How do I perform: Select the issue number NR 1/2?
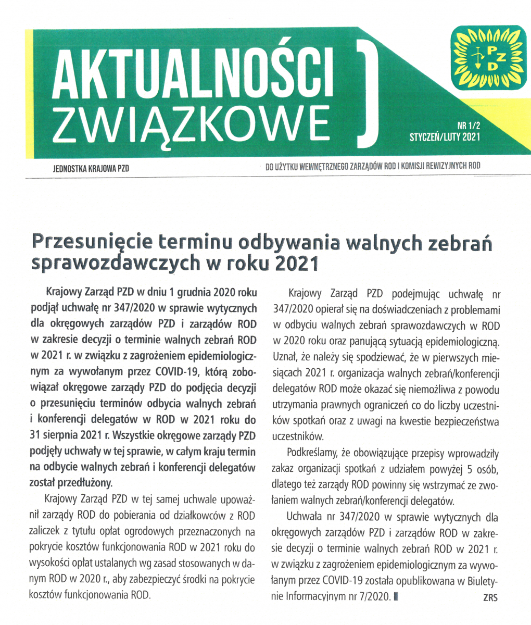click(x=468, y=126)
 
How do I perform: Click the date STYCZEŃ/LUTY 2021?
click(x=445, y=137)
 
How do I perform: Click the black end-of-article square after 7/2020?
click(x=396, y=596)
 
